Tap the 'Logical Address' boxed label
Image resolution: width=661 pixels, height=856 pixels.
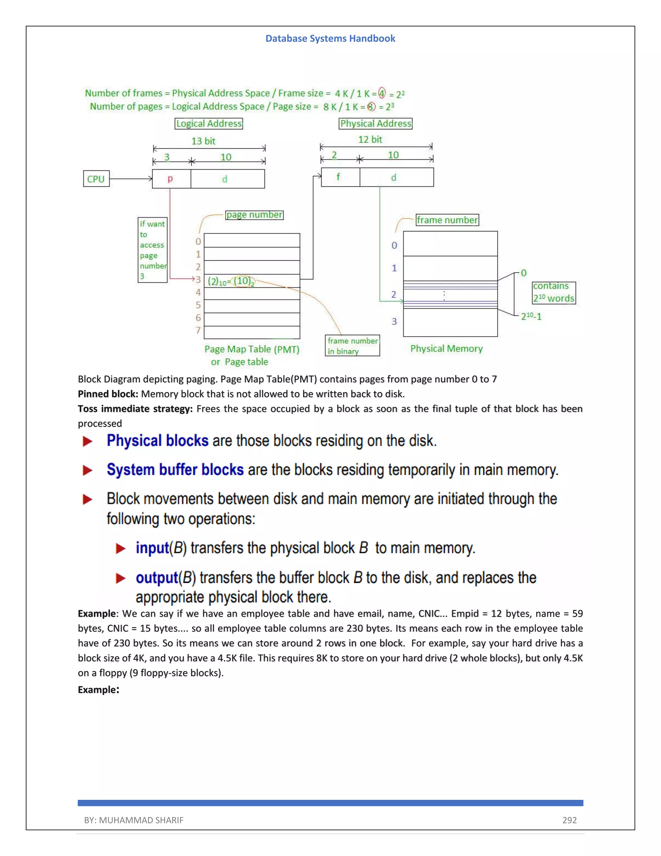pos(209,123)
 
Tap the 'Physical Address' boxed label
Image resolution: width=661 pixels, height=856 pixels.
pos(376,123)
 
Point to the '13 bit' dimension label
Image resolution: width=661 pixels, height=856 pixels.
pos(203,141)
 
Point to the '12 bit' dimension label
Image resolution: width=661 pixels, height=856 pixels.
pos(370,140)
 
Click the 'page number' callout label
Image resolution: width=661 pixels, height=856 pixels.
pos(255,215)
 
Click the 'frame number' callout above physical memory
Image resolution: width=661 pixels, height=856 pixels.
pos(447,220)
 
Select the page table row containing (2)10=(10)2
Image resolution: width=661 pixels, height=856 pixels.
pos(252,281)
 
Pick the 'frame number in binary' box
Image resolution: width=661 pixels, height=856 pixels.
pos(352,346)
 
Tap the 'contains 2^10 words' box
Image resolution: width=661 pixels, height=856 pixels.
pos(553,292)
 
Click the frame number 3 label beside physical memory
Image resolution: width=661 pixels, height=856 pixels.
pos(394,321)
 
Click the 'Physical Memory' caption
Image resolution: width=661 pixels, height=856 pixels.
pos(446,349)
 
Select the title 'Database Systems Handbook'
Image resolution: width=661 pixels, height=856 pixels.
pos(330,38)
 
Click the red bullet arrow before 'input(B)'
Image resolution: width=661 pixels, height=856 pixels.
pos(121,548)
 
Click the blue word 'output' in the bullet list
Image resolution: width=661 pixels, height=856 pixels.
pos(157,578)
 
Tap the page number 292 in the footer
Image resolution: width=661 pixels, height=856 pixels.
pos(569,820)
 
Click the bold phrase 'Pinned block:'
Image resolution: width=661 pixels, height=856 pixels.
pos(108,394)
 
